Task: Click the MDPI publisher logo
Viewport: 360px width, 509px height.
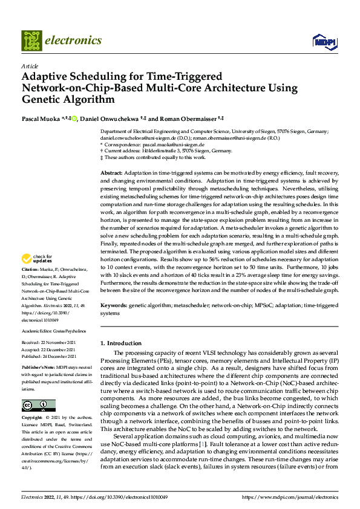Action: tap(324, 41)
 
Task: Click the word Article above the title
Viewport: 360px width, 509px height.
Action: tap(30, 65)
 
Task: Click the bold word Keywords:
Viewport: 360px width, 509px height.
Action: tap(114, 306)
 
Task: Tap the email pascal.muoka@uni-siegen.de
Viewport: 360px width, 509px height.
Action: tap(170, 145)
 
